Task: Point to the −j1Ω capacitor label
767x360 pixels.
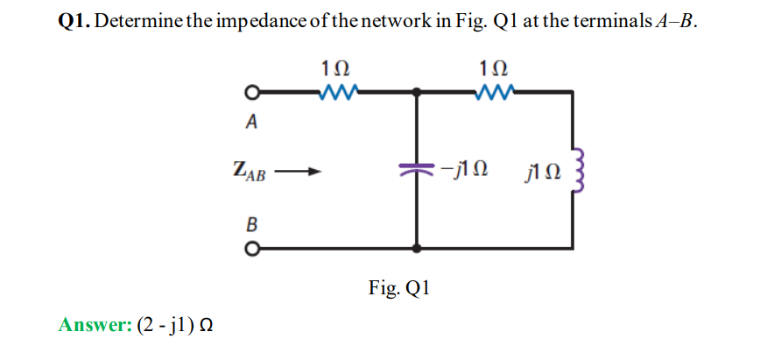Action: tap(464, 166)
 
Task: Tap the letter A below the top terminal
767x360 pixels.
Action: tap(252, 123)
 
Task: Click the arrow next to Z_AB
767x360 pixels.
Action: tap(297, 172)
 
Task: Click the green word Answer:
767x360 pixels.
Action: tap(95, 325)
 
